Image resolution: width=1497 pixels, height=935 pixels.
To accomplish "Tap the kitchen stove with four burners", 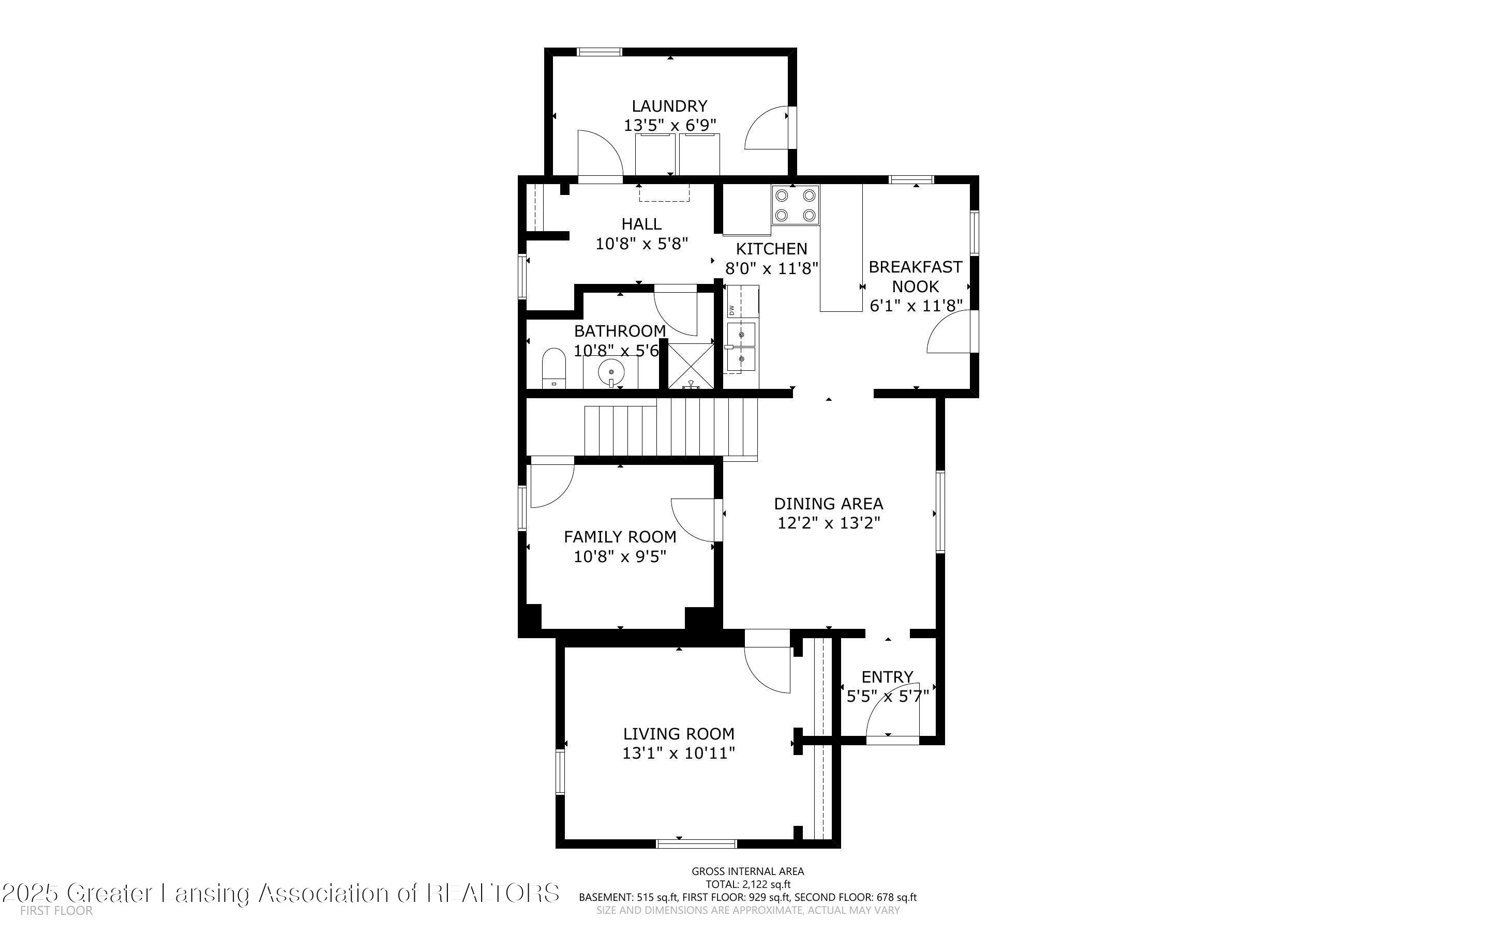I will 795,205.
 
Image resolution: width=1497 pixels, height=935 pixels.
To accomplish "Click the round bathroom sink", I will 611,372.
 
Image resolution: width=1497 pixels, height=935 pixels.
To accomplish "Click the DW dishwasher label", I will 731,310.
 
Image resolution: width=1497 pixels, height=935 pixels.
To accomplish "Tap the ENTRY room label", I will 887,676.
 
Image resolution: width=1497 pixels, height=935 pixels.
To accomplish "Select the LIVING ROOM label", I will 678,734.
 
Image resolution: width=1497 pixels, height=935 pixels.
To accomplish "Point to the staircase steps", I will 671,427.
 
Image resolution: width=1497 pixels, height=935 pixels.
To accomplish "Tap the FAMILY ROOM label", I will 620,537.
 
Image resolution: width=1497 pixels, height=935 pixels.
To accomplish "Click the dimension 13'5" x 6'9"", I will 669,126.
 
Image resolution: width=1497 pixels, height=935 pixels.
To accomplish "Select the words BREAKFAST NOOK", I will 915,277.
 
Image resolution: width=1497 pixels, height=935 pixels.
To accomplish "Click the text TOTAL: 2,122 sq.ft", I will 747,884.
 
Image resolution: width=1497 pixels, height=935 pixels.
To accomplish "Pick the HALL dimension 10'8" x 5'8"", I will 641,244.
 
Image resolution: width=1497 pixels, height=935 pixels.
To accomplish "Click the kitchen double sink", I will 741,347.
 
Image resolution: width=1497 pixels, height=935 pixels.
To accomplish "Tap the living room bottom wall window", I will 696,843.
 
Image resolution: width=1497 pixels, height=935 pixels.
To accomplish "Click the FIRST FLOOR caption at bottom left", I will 56,911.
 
